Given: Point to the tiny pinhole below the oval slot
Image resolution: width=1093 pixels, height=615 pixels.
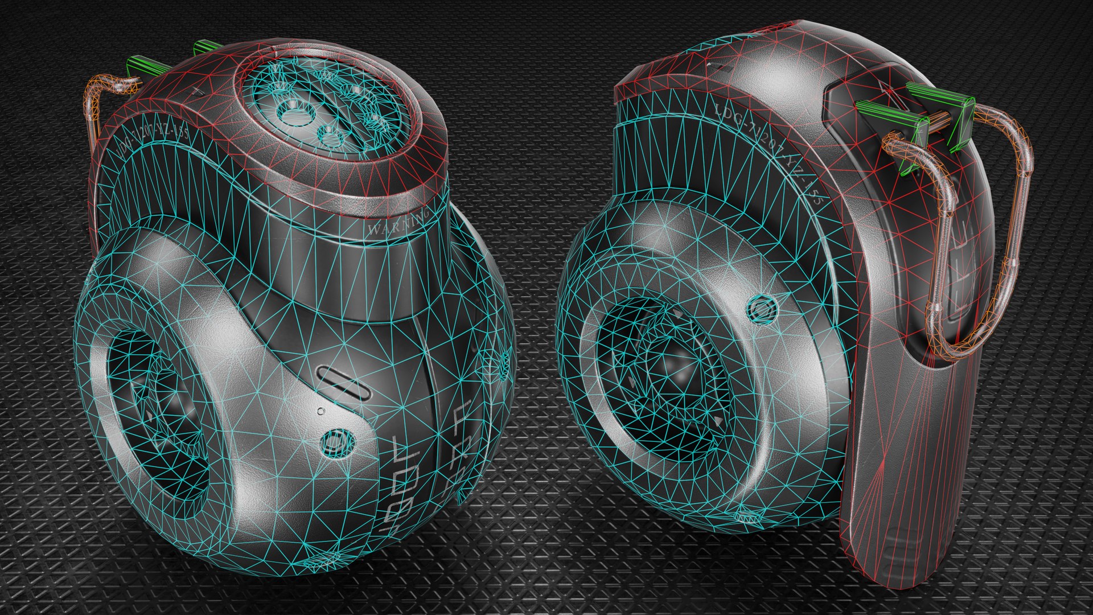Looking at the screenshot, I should pyautogui.click(x=320, y=410).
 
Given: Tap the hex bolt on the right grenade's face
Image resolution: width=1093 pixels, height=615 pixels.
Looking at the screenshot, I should pyautogui.click(x=761, y=310).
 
